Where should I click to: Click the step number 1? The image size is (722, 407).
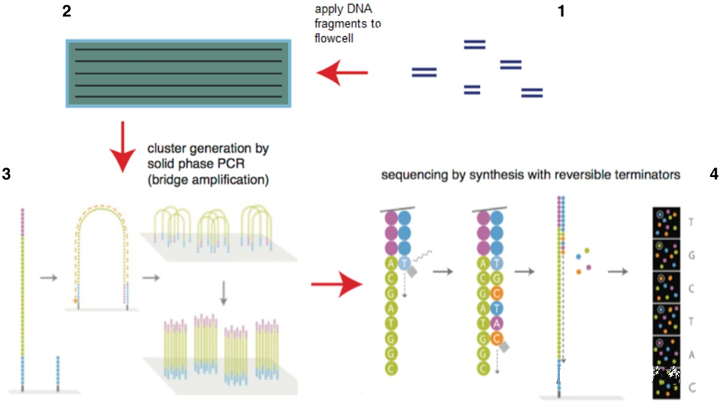tap(559, 12)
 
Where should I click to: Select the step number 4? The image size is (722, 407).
tap(713, 174)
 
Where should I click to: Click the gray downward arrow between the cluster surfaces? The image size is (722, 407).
tap(224, 291)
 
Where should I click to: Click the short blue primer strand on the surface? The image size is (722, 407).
tap(57, 372)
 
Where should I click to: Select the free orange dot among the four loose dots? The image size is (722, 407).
tap(579, 271)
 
